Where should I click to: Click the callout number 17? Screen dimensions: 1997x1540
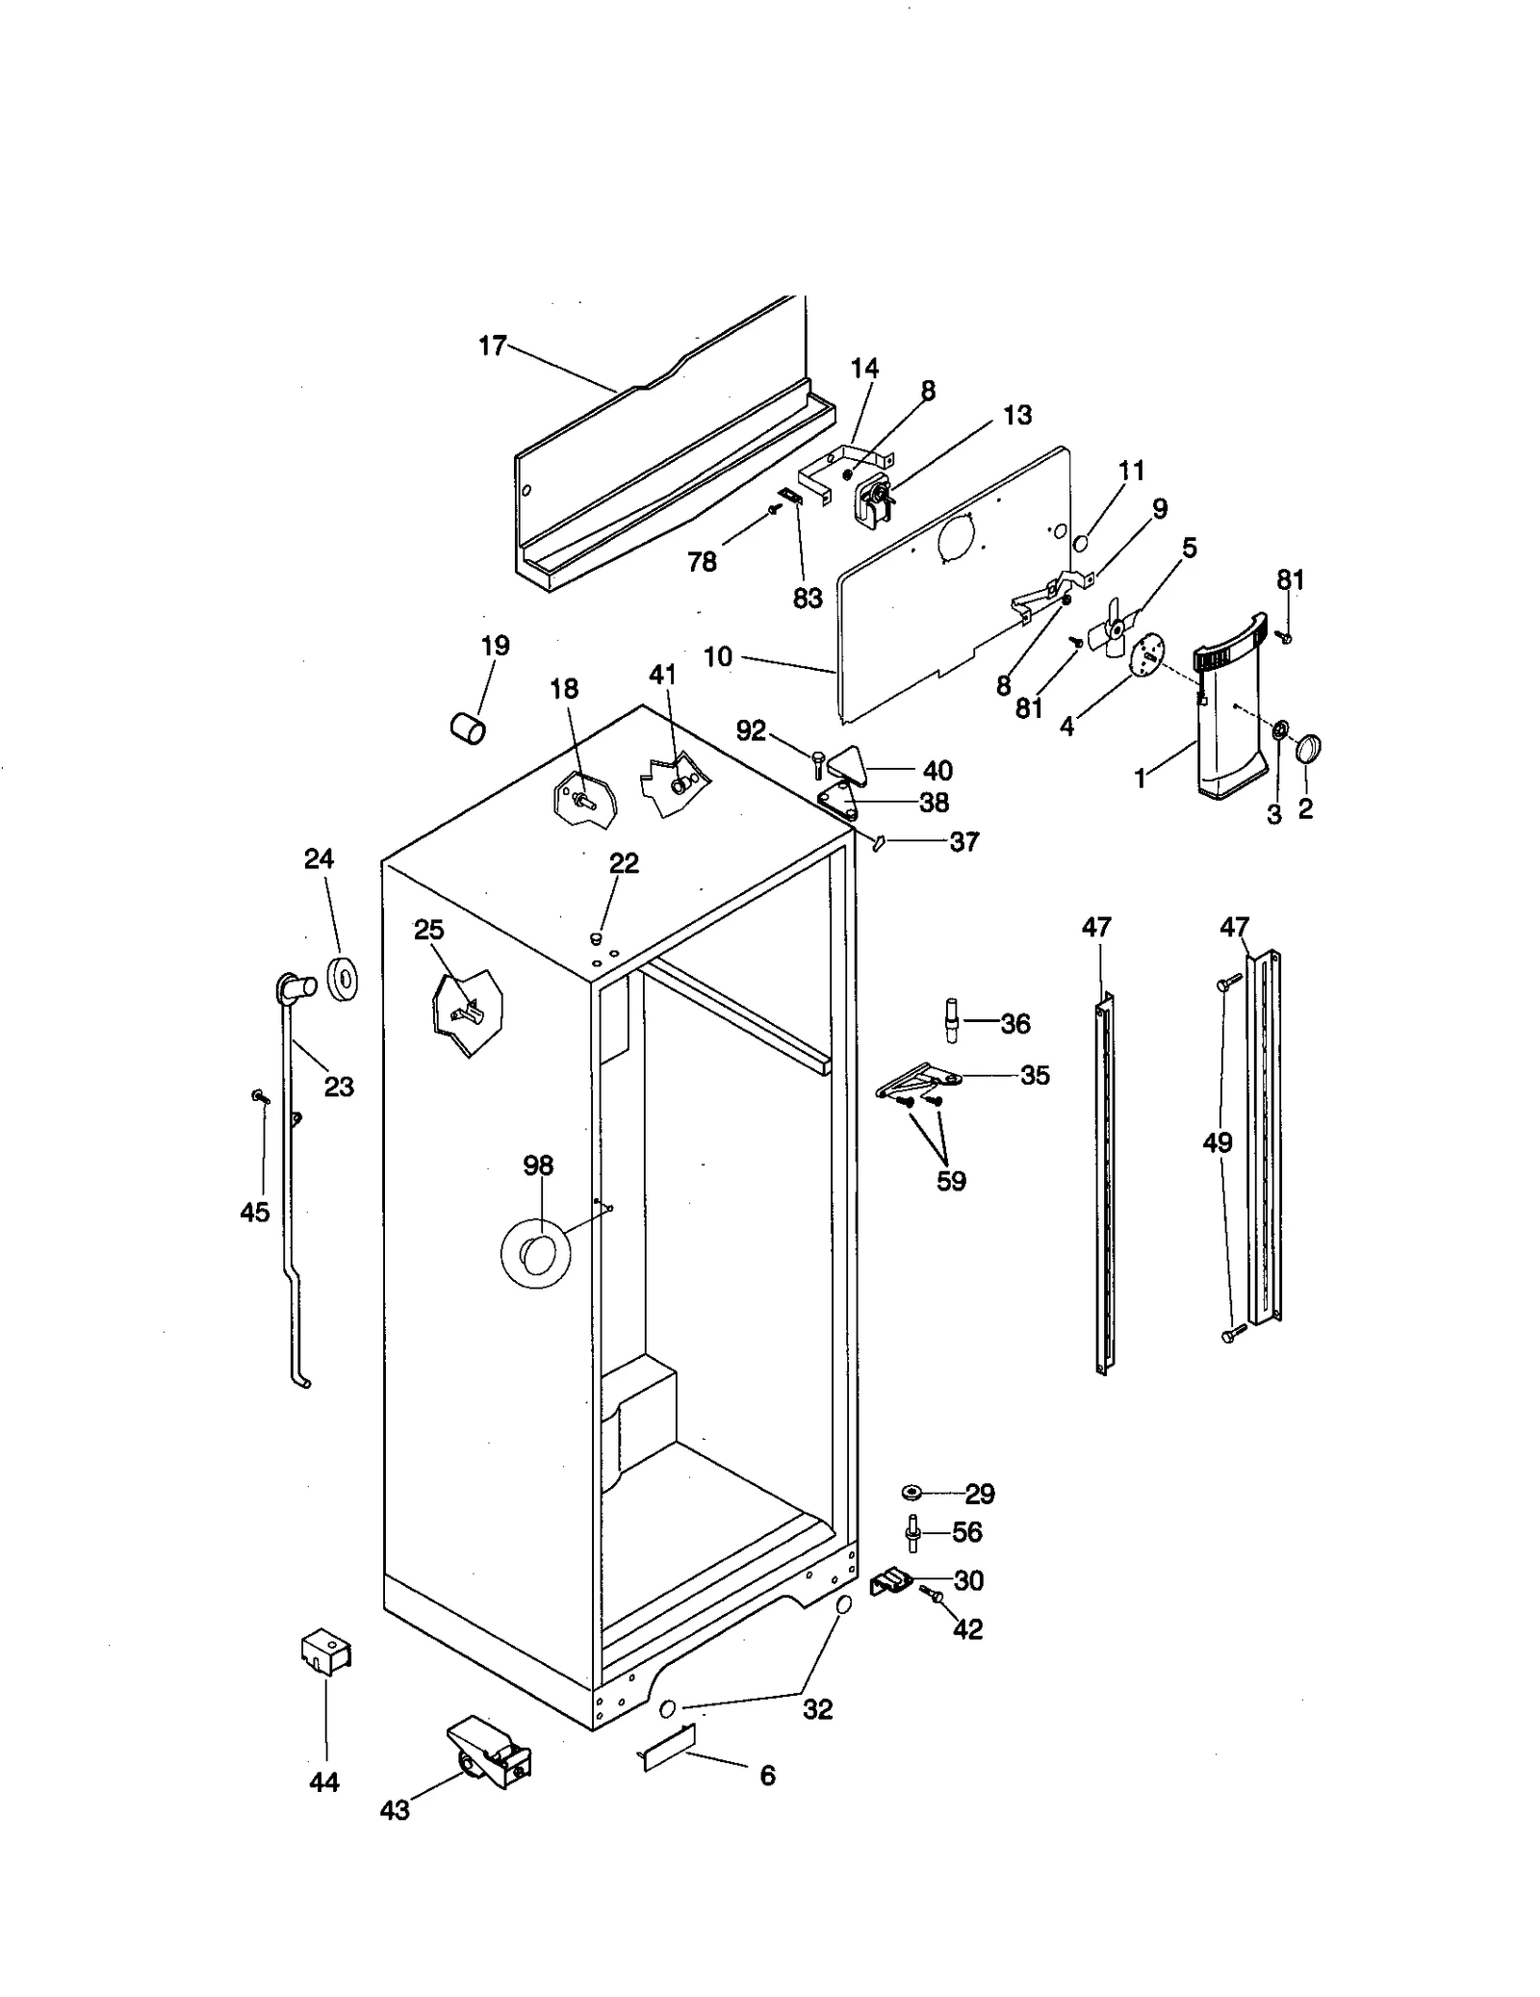tap(492, 346)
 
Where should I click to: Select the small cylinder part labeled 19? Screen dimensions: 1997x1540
tap(469, 729)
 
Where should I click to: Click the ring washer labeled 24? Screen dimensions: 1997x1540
tap(343, 979)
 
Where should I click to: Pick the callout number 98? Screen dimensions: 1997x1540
tap(538, 1165)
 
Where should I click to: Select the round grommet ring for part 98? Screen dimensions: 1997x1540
tap(536, 1254)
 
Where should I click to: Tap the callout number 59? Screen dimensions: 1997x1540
tap(951, 1181)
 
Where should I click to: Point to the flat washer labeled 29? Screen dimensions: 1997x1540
tap(911, 1492)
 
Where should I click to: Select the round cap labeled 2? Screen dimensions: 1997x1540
tap(1309, 748)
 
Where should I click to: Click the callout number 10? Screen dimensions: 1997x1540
tap(718, 657)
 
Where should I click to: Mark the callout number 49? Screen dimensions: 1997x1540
tap(1218, 1142)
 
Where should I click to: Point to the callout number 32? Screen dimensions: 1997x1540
tap(817, 1709)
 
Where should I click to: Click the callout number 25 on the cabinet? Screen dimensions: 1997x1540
tap(429, 930)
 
